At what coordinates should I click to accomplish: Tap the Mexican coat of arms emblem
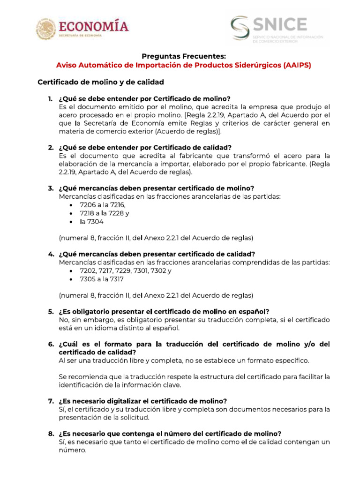tap(45, 29)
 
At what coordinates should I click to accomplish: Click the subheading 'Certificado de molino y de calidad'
tap(100, 82)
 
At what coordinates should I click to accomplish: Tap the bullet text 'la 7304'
tap(91, 222)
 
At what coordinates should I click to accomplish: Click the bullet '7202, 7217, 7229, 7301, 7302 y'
tap(126, 271)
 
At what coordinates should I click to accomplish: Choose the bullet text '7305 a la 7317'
tap(102, 279)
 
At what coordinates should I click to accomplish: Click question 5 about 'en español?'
tap(164, 312)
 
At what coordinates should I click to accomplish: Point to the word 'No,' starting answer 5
tap(64, 320)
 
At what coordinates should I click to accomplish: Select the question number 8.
tap(50, 434)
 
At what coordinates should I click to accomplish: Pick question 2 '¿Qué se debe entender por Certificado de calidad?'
tap(145, 148)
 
